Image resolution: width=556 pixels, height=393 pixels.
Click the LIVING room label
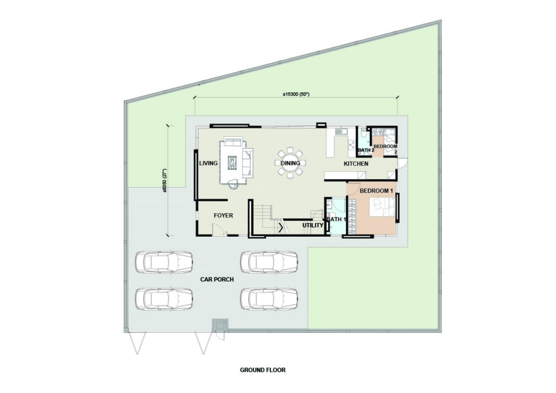pos(208,163)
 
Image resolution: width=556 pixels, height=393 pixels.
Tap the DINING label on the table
pos(290,163)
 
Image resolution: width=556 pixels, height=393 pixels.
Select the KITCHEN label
pos(356,164)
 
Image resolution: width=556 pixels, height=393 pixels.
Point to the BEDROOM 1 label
pos(376,191)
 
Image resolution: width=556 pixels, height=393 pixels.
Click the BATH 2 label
pos(366,150)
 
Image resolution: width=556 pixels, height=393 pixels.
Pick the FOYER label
pos(223,215)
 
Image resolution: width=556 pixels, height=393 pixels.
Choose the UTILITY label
pos(313,225)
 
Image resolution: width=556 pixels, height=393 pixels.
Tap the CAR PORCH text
pos(217,279)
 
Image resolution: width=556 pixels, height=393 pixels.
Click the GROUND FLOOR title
pos(263,370)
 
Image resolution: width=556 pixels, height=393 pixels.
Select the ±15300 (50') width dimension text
pos(296,94)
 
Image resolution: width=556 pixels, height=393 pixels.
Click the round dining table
pos(290,163)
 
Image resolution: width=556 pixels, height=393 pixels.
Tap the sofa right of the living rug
pos(248,163)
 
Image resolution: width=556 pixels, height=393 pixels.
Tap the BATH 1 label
pos(336,219)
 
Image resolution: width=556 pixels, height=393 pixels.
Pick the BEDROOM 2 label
pos(386,149)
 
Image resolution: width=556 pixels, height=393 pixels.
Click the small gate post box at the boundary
pos(220,325)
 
